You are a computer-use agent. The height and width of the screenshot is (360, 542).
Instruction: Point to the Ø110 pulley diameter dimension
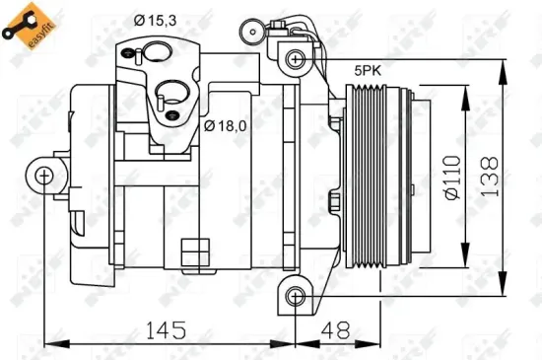(452, 178)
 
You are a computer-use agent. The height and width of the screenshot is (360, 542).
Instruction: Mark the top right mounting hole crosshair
(295, 59)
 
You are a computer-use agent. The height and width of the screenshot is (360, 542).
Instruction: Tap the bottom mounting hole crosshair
(295, 297)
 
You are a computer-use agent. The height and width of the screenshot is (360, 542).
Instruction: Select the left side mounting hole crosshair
(43, 177)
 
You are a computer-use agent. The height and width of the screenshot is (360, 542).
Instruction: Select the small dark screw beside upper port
(130, 52)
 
